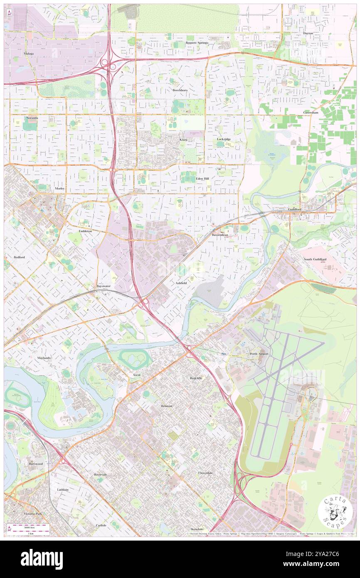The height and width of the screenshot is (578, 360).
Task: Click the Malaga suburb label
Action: tap(28, 54)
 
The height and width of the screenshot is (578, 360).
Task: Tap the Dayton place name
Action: tap(308, 33)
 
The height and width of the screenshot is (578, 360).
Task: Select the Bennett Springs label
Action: tap(197, 42)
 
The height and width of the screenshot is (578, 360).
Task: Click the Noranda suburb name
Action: tap(32, 118)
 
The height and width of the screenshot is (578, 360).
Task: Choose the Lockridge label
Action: tap(224, 139)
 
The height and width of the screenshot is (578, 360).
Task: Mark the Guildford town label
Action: tap(295, 209)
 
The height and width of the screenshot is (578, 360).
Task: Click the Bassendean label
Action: tap(220, 235)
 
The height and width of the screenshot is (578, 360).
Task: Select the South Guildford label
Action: tap(315, 259)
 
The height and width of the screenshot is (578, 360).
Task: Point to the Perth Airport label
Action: tap(259, 354)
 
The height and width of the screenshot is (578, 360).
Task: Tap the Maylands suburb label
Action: tap(44, 358)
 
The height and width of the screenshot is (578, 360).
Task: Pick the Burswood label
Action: tap(36, 463)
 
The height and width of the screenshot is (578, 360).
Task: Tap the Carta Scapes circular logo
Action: tap(335, 512)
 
